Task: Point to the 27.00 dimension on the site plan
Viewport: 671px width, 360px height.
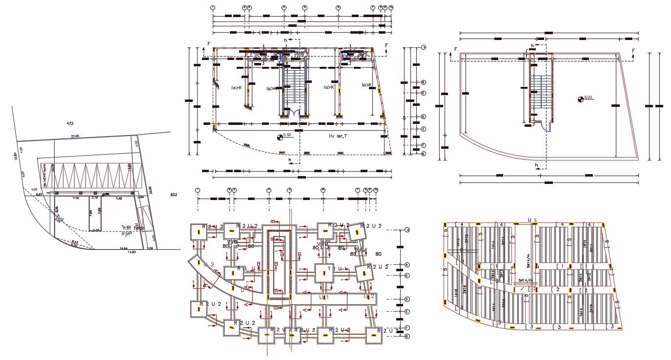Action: tap(75, 136)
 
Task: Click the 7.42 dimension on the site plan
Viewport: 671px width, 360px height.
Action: tap(119, 199)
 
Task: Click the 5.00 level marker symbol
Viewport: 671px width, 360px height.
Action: tap(581, 100)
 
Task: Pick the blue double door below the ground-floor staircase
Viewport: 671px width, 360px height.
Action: tap(294, 113)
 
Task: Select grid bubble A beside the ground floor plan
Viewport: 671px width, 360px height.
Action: tap(424, 47)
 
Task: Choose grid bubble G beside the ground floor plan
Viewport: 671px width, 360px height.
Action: tap(424, 154)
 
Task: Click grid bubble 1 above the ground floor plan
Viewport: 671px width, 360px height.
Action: tap(213, 8)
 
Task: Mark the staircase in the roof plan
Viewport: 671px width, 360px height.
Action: tap(541, 91)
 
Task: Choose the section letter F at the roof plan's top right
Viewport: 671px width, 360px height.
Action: tap(633, 51)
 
